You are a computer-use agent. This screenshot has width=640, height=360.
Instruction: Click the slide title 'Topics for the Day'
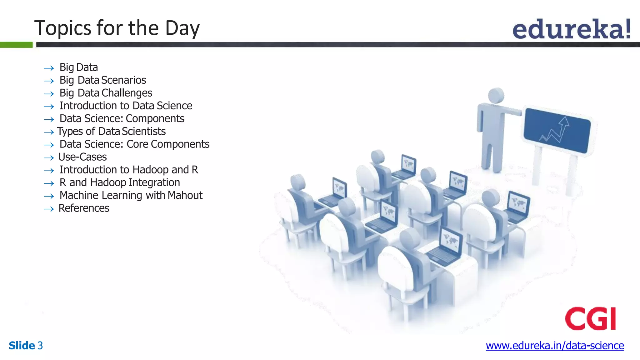(x=117, y=28)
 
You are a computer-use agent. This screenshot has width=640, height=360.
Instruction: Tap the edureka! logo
(x=571, y=29)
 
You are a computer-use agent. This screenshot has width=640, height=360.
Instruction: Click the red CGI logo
(x=590, y=318)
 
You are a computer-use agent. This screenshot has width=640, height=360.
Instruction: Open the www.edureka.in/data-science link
(x=555, y=346)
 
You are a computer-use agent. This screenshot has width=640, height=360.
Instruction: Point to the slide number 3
(x=40, y=346)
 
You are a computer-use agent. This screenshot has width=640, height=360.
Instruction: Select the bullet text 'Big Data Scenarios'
(x=103, y=80)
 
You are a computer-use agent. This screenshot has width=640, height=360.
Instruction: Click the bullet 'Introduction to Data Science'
(x=126, y=106)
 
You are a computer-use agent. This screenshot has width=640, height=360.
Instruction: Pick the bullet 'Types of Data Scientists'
(x=111, y=132)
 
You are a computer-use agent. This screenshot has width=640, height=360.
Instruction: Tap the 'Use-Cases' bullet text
(x=82, y=157)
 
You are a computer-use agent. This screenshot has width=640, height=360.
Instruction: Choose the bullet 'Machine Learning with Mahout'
(x=131, y=195)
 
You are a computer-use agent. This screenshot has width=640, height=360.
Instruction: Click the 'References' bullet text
(x=84, y=208)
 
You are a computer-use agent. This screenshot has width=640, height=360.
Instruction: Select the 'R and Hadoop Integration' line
(x=120, y=182)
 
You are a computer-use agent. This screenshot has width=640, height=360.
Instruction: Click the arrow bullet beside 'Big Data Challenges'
(x=49, y=94)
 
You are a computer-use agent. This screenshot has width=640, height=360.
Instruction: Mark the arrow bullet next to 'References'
(x=49, y=209)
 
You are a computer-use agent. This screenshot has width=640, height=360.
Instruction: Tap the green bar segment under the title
(x=16, y=45)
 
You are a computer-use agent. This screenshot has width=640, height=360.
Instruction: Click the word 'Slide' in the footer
(x=22, y=346)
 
